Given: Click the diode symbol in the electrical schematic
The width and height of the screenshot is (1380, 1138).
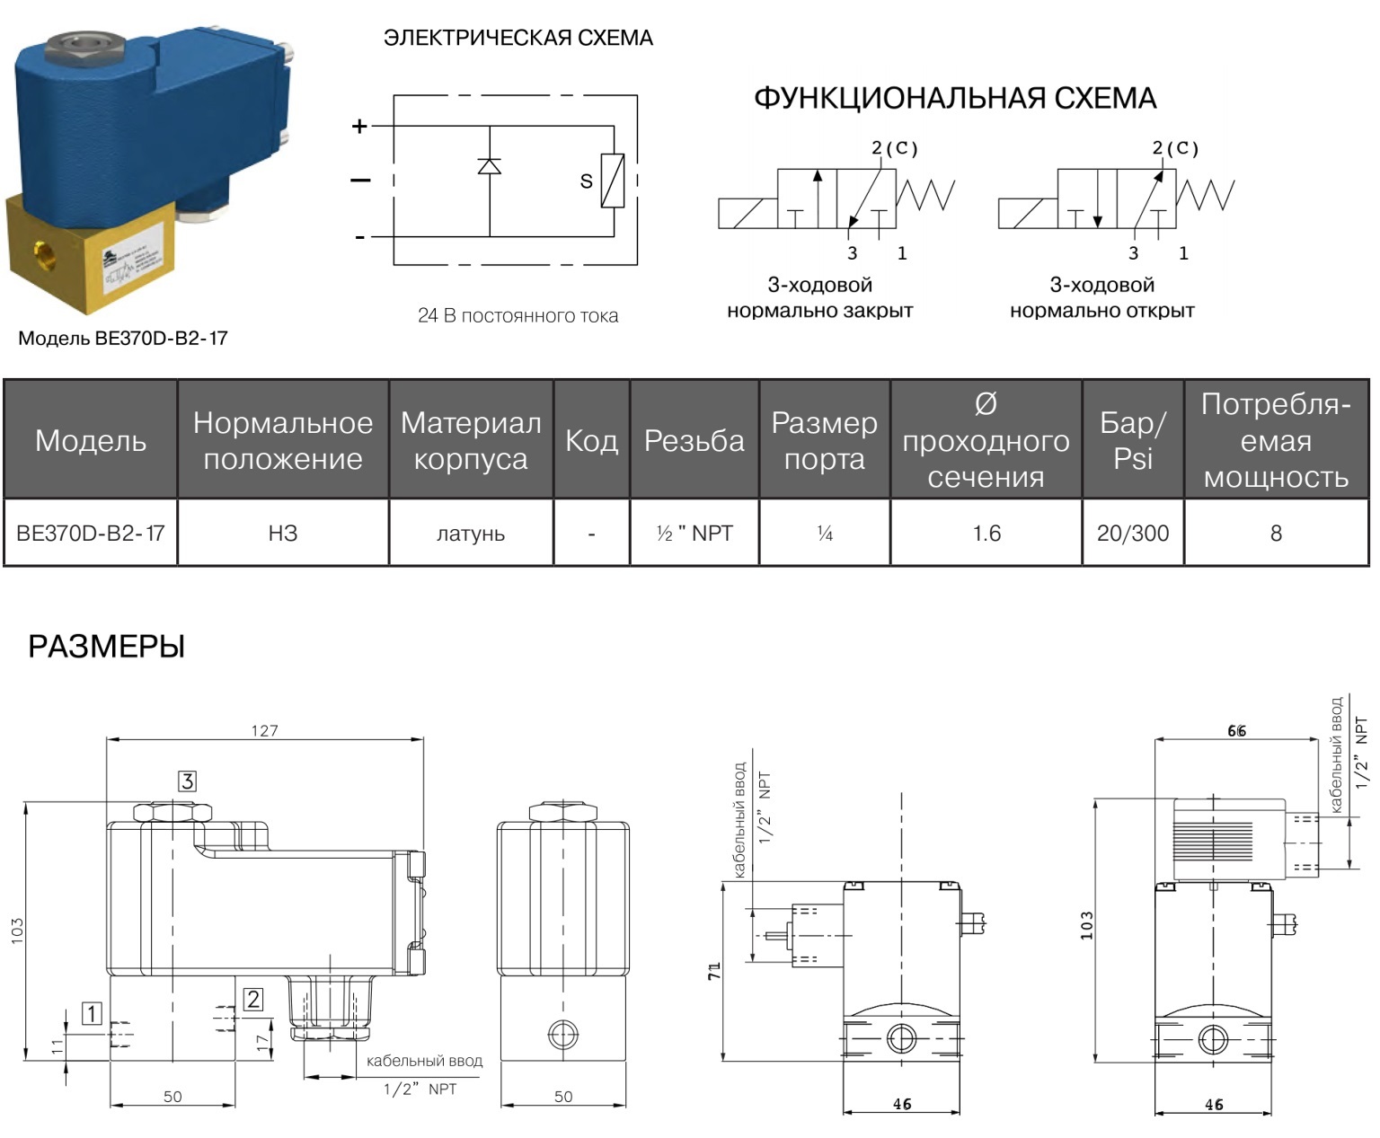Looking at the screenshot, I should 490,165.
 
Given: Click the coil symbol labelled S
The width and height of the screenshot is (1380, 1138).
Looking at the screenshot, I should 613,181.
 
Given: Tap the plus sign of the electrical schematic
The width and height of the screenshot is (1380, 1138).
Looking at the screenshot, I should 359,127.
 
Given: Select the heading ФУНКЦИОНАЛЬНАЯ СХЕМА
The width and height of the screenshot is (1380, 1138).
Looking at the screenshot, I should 954,98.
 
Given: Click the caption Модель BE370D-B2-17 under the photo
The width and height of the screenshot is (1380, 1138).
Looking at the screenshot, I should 123,339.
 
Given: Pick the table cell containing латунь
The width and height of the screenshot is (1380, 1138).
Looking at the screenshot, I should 471,534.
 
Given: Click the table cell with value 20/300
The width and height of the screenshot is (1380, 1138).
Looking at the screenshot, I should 1133,534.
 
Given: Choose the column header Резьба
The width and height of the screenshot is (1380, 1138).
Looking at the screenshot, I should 694,440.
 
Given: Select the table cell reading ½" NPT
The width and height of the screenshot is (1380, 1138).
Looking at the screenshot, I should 694,534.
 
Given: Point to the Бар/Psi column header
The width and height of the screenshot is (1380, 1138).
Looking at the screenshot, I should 1133,440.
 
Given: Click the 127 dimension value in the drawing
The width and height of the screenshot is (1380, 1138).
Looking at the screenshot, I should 264,730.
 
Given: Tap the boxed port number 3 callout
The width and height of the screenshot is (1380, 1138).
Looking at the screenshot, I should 187,781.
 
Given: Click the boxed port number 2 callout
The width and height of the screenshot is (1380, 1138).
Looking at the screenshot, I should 253,999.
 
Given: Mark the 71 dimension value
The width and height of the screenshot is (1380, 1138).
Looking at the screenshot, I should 714,971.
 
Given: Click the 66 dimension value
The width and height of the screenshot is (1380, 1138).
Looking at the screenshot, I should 1236,731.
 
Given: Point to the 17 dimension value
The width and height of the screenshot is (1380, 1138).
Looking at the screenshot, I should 262,1042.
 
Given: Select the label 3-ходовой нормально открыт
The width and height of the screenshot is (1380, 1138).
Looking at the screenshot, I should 1101,297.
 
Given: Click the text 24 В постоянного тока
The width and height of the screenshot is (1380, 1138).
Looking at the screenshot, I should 517,316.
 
